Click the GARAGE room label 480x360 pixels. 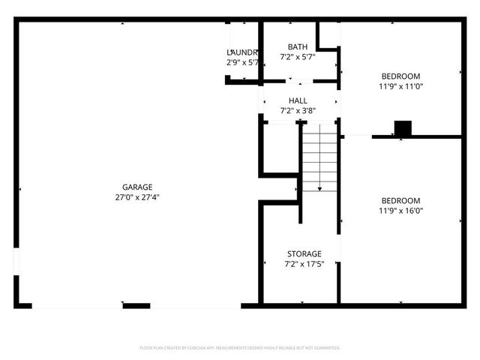coord(138,187)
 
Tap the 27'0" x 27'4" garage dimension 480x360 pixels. coord(138,197)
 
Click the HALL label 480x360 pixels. coord(298,100)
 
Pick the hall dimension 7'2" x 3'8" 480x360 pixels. coord(298,111)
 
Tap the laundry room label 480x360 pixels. coord(242,52)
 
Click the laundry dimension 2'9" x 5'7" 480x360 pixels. coord(242,62)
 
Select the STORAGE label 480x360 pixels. coord(304,253)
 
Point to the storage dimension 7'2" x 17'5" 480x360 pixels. coord(304,264)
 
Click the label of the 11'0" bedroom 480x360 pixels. coord(400,76)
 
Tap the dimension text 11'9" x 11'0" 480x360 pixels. coord(400,86)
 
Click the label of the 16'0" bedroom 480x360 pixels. coord(400,200)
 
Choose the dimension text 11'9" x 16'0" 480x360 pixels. coord(400,211)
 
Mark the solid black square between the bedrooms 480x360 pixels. coord(403,128)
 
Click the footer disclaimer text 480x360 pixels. coord(240,348)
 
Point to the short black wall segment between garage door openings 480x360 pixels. coord(136,305)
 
